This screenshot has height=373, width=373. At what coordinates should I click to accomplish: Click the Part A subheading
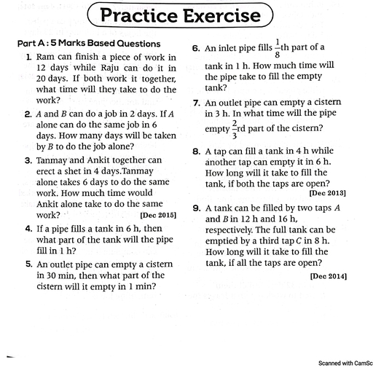[89, 44]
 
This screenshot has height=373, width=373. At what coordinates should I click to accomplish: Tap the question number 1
[28, 57]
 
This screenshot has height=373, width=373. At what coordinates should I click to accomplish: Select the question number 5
[28, 264]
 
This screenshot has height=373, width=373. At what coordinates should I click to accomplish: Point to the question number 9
[197, 208]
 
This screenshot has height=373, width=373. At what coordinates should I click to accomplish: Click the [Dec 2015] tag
[158, 216]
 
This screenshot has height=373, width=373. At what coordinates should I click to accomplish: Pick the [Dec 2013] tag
[328, 193]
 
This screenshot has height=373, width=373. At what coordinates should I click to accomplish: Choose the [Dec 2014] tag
[328, 277]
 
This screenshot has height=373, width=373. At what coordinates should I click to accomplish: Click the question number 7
[197, 103]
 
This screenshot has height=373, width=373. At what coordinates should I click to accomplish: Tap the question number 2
[28, 114]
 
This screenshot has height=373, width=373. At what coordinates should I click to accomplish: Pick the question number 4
[28, 229]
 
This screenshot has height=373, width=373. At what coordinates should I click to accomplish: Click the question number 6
[197, 49]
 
